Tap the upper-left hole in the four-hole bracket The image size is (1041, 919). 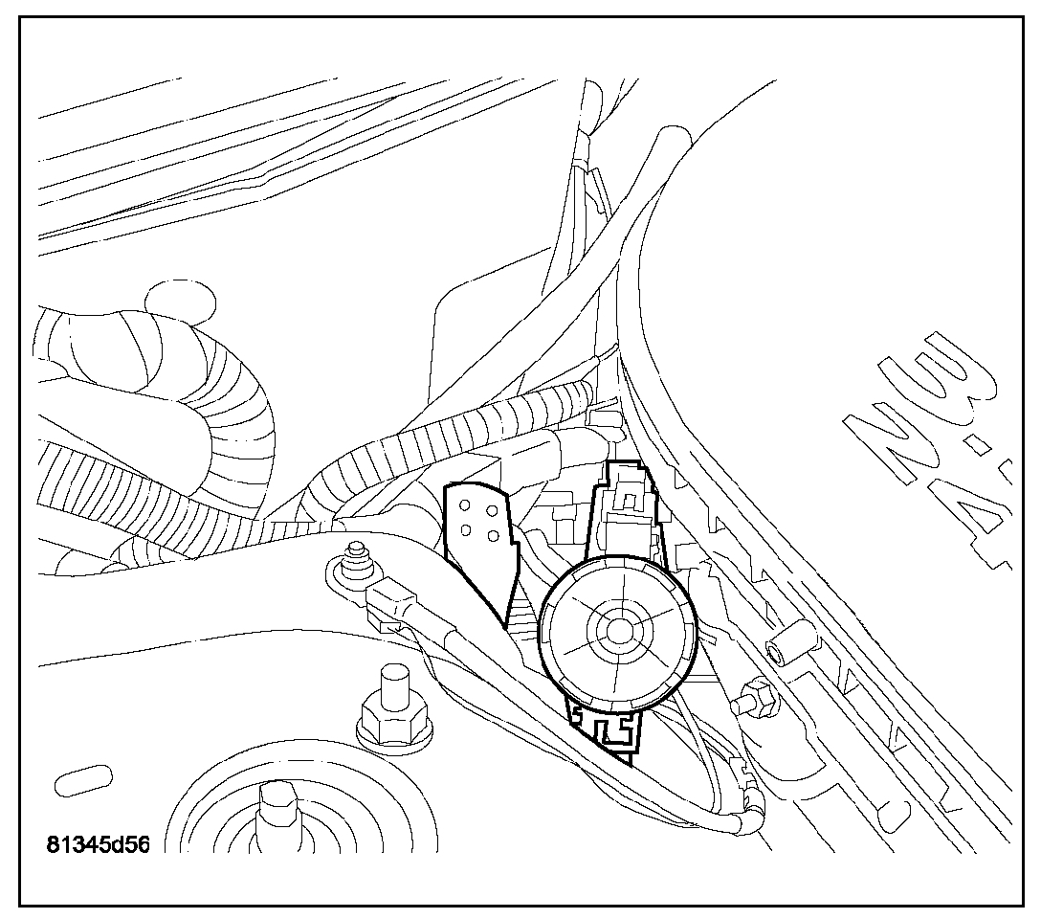[x=464, y=507]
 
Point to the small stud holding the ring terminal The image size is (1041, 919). [x=357, y=556]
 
